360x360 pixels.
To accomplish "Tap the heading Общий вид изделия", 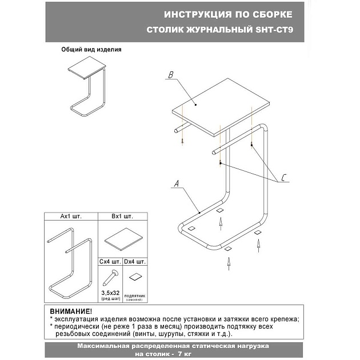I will [x=91, y=50].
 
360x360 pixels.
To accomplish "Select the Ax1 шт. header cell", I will [x=72, y=217].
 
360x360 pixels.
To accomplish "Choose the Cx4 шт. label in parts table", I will [x=110, y=261].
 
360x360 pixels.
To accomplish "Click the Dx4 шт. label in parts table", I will [x=135, y=261].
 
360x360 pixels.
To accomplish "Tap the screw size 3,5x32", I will [x=110, y=293].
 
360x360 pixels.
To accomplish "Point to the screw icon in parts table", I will [x=110, y=278].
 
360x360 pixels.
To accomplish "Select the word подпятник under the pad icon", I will [x=135, y=295].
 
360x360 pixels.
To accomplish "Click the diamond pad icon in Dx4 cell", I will [x=135, y=277].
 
